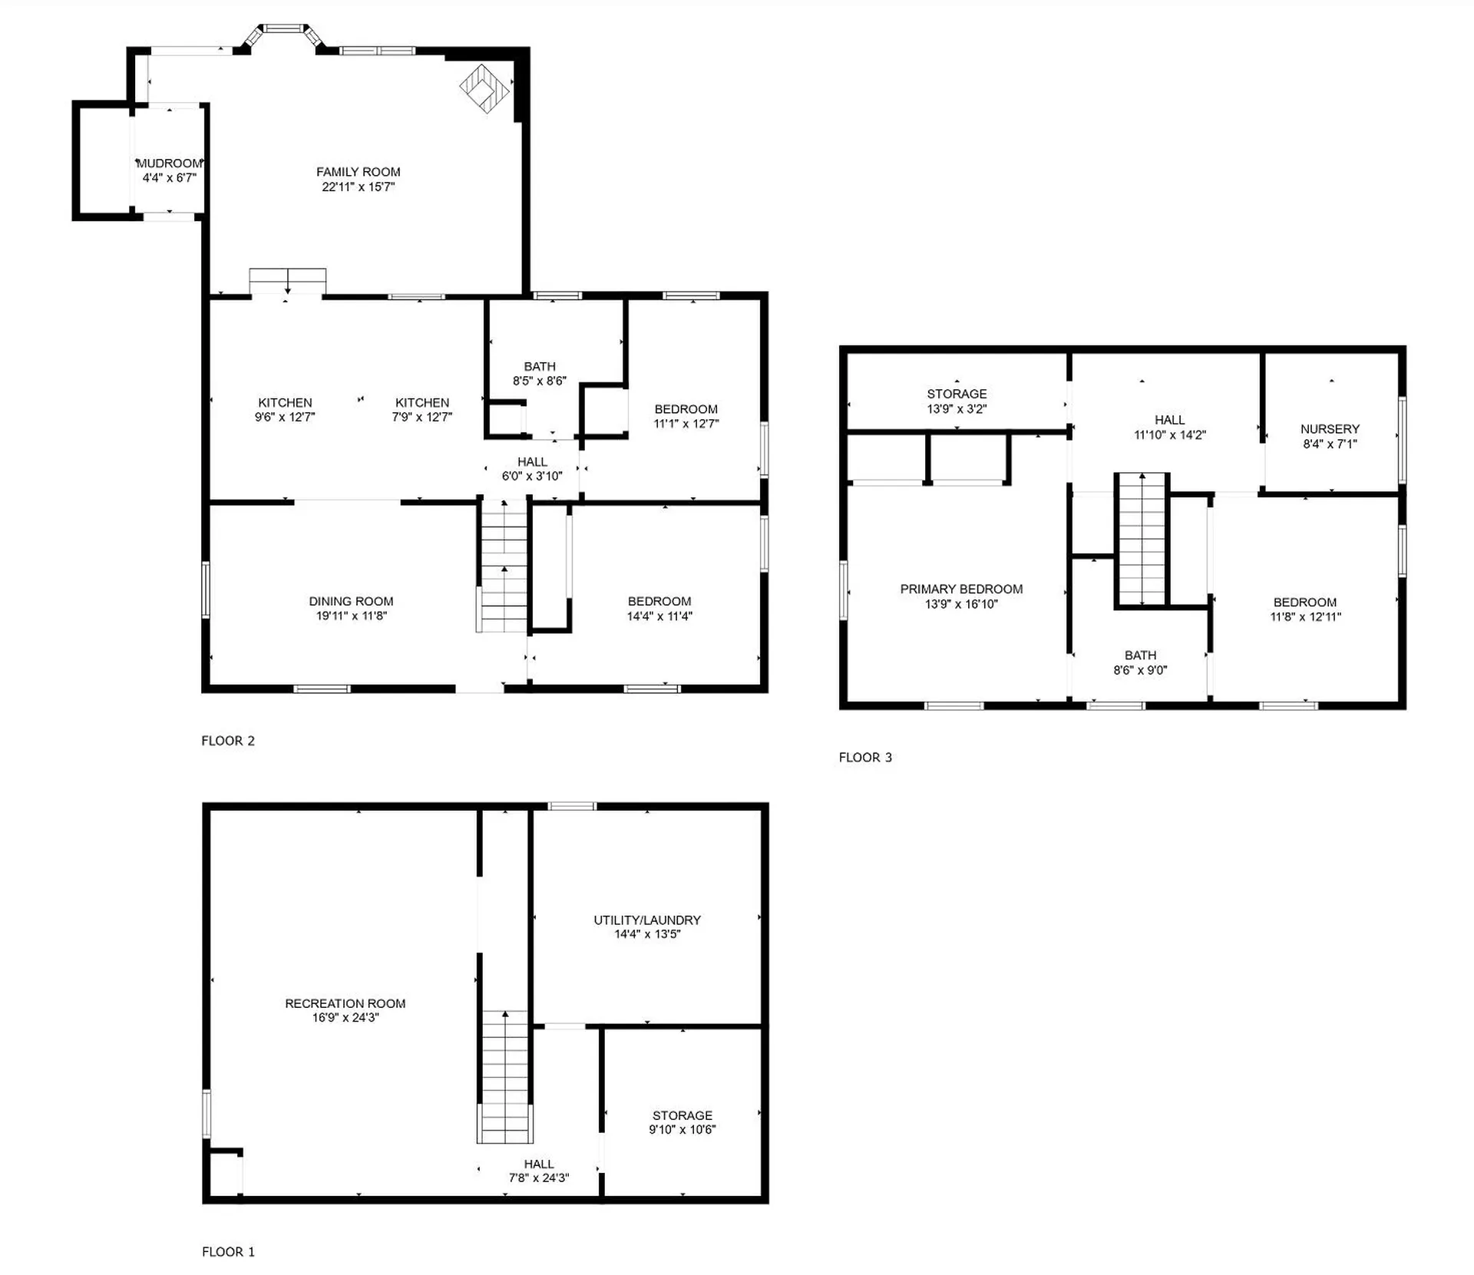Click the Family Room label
358,172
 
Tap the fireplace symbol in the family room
484,88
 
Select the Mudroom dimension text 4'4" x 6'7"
169,178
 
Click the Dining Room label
351,601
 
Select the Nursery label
1330,429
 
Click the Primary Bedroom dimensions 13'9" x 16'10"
961,604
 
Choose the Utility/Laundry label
646,920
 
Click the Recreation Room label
345,1003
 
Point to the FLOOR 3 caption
865,758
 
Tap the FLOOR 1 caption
228,1252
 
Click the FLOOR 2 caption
228,741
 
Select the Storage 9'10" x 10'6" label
682,1122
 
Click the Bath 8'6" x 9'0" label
1140,662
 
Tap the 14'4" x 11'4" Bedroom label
659,608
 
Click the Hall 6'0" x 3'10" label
532,468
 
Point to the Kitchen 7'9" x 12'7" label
422,409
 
